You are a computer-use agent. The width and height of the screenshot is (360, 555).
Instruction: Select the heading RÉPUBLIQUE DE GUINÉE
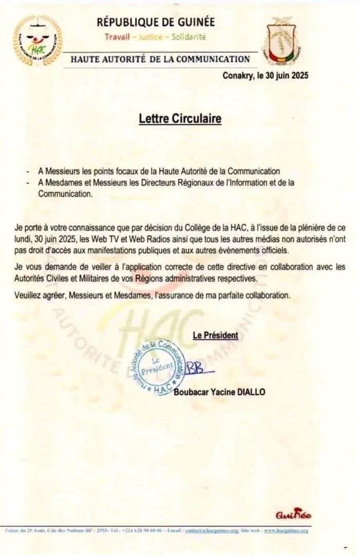coord(156,22)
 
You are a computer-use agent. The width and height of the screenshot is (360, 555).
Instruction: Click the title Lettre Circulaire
coord(180,119)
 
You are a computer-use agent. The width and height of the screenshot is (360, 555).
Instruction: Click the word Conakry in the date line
coord(239,76)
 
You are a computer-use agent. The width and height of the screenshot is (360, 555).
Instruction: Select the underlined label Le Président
coord(215,336)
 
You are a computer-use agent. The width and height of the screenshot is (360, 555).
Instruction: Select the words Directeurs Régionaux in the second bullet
coord(149,183)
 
